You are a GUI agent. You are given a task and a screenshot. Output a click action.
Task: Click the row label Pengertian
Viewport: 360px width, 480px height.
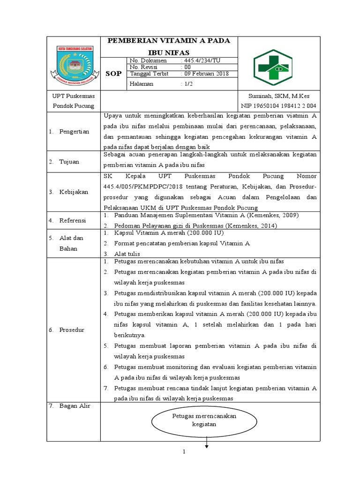point(74,132)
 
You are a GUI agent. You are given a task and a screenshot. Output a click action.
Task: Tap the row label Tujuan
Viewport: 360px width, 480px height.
point(69,162)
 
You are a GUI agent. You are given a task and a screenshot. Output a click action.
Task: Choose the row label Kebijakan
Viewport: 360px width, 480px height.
point(74,192)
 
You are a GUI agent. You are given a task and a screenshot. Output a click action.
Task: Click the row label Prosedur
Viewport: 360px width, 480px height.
point(71,330)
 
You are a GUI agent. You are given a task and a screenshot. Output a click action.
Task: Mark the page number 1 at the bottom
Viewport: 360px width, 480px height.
point(185,452)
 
